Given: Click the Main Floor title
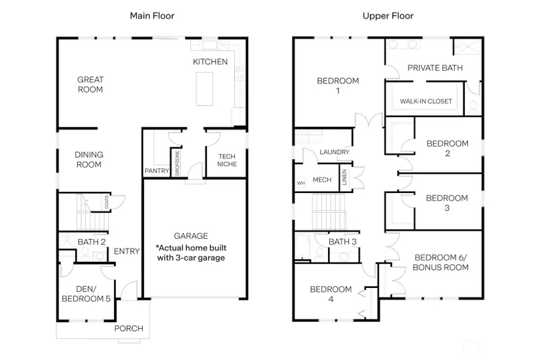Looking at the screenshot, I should [153, 15].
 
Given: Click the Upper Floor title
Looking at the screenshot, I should [388, 15].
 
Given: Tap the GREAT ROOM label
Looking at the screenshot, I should [90, 84].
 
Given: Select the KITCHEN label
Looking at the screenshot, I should [210, 62].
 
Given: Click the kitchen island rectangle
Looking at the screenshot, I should [206, 88].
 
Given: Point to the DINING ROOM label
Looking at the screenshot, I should [89, 160].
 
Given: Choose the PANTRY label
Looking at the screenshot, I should [156, 171].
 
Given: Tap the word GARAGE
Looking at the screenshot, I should [190, 236].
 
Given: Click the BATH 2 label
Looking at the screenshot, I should [91, 242].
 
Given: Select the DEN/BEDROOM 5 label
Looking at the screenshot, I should [90, 294].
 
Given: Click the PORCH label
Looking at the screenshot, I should [128, 328].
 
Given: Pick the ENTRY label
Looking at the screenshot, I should [126, 251].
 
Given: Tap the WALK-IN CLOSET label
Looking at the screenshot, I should [426, 101].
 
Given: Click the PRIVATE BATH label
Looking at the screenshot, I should [435, 67].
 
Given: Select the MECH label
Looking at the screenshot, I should [322, 180].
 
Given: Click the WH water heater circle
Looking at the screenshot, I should [301, 183].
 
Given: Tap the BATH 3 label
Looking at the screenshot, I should [343, 242].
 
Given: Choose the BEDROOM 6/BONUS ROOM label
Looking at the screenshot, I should [441, 262].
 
